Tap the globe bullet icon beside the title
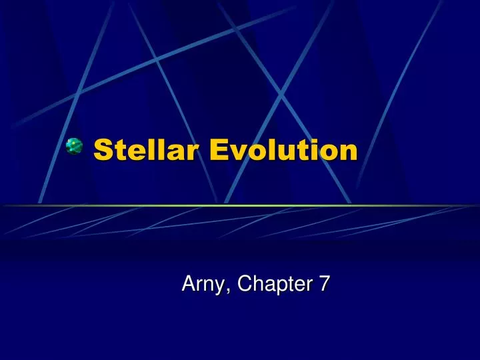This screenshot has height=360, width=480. coord(74,147)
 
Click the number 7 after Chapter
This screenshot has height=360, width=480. coord(324,284)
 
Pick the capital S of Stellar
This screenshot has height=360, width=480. coord(102,150)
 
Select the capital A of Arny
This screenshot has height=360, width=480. coord(189,284)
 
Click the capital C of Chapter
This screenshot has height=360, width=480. coord(245,284)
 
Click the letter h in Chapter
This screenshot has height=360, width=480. coord(257,284)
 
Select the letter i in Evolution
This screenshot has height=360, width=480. coord(313,150)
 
